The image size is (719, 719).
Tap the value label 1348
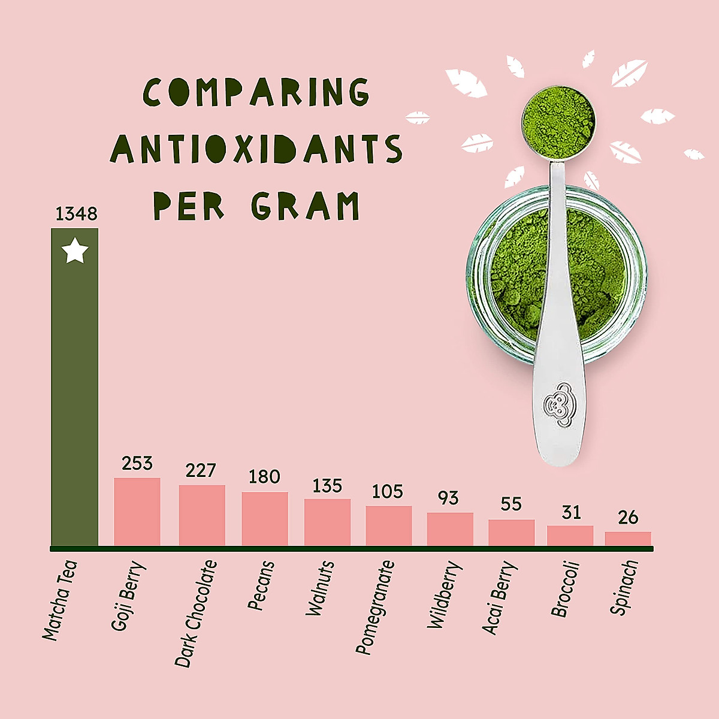[76, 214]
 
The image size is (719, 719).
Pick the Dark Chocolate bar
[202, 515]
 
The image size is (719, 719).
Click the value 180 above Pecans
[264, 477]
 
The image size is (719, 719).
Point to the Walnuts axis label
[320, 588]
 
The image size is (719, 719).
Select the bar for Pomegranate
[389, 525]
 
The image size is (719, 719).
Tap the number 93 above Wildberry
[448, 499]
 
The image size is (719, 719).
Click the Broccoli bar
[570, 535]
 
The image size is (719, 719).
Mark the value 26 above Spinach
[628, 518]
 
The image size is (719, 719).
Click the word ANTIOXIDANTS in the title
[256, 149]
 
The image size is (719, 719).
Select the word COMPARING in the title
[256, 92]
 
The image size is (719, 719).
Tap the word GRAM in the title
[306, 206]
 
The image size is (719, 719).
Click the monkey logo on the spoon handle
[557, 406]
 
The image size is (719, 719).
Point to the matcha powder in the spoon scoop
[558, 119]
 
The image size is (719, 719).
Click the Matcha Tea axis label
[60, 600]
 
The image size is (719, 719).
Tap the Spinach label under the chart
[624, 587]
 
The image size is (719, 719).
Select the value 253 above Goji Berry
[137, 464]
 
